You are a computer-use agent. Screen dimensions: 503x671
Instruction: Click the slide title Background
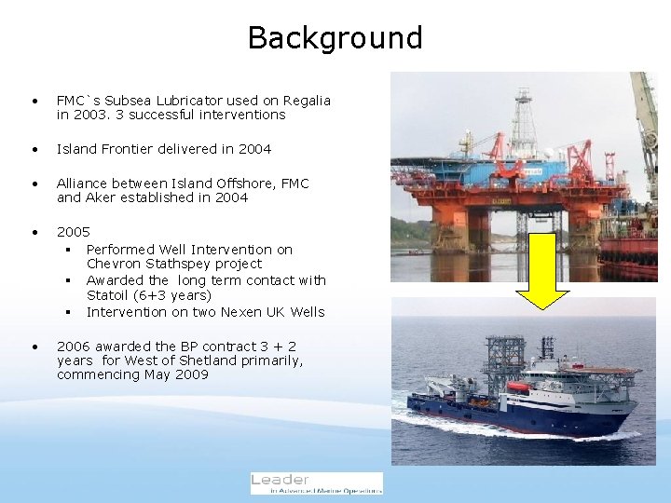click(335, 37)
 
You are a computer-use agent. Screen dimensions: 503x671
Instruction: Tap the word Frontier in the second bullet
click(127, 149)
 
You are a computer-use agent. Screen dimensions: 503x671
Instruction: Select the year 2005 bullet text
click(74, 232)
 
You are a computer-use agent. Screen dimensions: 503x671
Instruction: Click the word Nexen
click(237, 312)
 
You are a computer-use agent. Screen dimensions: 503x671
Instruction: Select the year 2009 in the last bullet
click(191, 374)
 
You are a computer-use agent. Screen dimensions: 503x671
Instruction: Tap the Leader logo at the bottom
click(317, 483)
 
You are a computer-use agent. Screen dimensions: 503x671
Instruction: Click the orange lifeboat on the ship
click(517, 387)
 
